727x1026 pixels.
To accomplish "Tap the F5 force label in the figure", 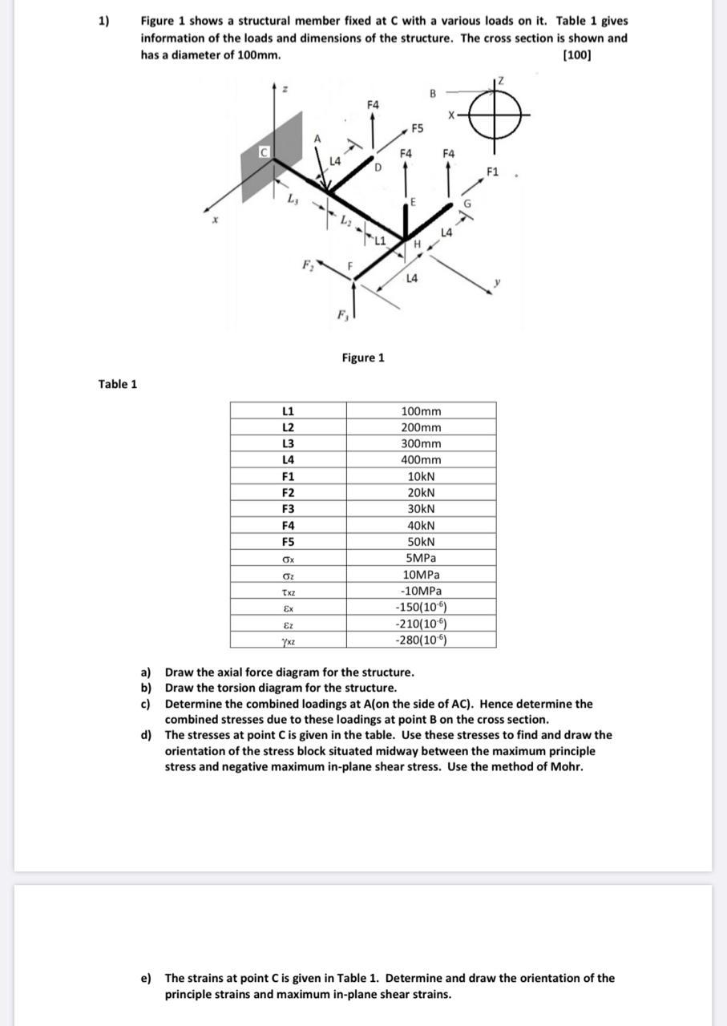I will click(417, 128).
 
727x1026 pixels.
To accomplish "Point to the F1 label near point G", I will click(493, 171).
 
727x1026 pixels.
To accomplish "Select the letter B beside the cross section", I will click(432, 93).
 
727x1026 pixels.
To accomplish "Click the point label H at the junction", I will click(418, 243).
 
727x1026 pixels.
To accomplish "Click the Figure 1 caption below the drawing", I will click(363, 357).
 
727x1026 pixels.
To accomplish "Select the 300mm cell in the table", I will click(421, 443).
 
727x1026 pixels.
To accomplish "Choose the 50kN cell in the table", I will click(421, 541).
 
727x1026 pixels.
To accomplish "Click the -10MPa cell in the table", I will click(421, 591).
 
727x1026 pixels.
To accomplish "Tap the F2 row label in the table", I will click(288, 492).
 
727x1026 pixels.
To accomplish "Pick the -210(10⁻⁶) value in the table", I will click(421, 624).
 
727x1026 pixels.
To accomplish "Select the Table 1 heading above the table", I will click(118, 384).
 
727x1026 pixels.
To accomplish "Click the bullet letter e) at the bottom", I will click(146, 978).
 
